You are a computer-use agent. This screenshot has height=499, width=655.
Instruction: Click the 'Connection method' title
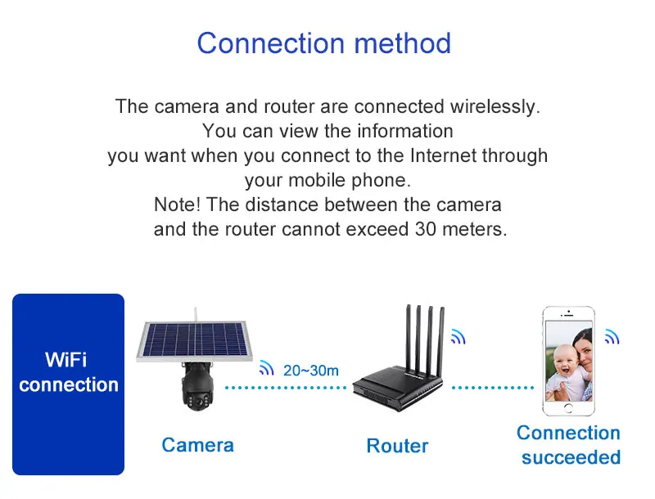[x=323, y=43]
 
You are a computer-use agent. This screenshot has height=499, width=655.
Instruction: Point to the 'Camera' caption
[x=197, y=445]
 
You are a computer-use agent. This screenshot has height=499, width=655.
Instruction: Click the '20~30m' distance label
[x=310, y=371]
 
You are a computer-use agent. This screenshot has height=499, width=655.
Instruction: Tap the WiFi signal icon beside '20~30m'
[x=266, y=368]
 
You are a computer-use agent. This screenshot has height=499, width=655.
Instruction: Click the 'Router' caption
[x=397, y=446]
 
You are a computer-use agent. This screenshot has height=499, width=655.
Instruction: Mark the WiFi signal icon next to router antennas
[x=457, y=336]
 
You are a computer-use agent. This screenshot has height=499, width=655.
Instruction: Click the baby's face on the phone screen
[x=563, y=364]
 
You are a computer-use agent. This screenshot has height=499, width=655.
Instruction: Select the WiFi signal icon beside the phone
[x=612, y=336]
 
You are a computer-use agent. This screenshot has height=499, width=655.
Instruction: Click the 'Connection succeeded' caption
[x=568, y=445]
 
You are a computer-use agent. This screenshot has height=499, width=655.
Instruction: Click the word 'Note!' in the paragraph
[x=176, y=205]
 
